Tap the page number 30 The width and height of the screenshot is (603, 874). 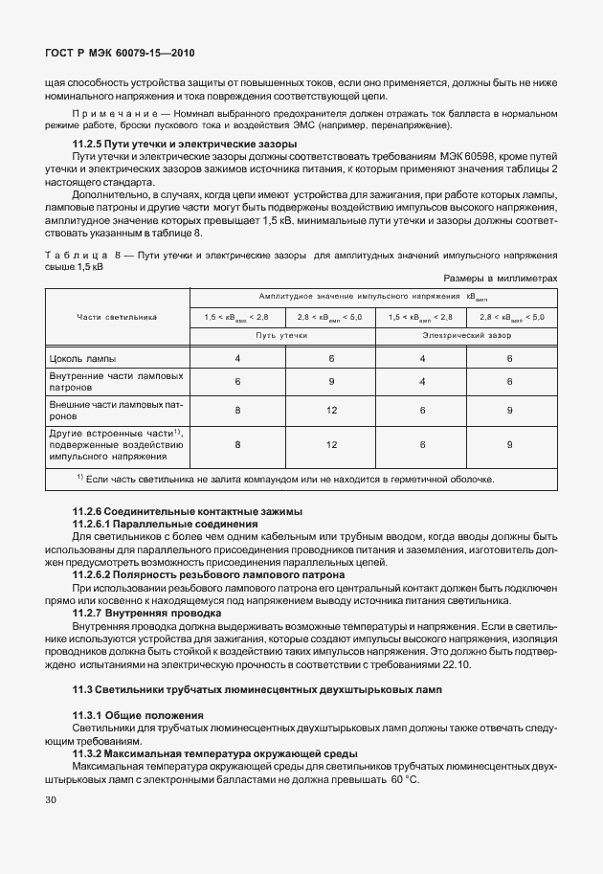pos(52,824)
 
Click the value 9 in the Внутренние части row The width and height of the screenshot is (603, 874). pos(332,381)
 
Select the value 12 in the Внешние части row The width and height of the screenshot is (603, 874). pos(332,410)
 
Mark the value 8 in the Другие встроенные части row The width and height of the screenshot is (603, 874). pos(237,445)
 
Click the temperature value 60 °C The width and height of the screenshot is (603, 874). pos(404,780)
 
